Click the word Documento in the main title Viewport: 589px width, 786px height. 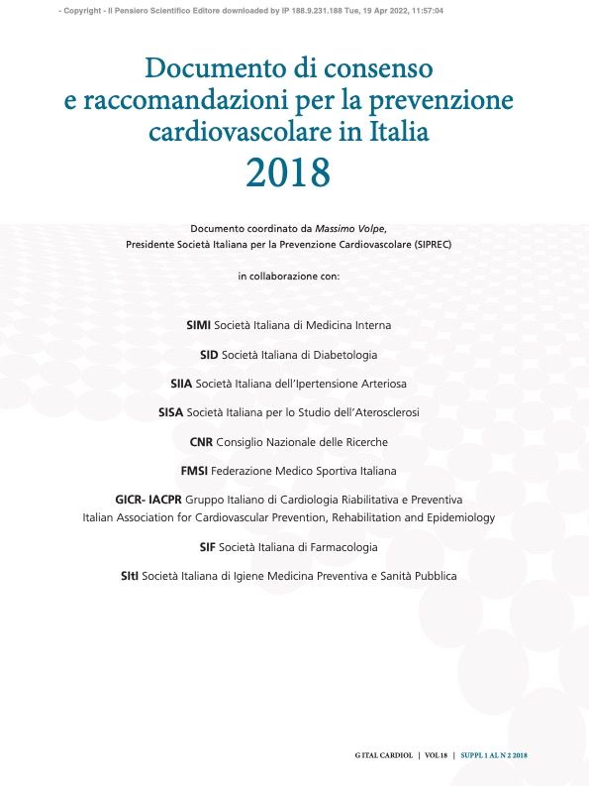coord(202,69)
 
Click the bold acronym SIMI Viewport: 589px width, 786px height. coord(202,325)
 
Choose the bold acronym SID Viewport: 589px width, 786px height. coord(210,354)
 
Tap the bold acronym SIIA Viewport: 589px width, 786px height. coord(182,383)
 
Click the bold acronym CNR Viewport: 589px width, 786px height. coord(202,441)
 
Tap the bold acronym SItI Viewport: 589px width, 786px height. coord(130,575)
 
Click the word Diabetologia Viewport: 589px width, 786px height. coord(344,354)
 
